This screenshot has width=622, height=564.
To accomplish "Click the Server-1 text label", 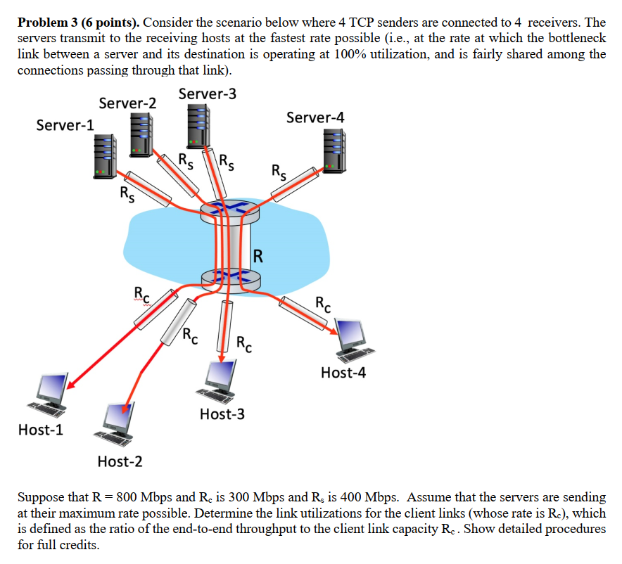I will coord(65,125).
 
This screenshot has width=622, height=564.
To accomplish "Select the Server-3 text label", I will coord(208,94).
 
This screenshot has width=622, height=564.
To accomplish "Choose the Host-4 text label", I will coord(343,372).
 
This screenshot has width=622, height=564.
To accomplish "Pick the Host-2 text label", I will coord(120,461).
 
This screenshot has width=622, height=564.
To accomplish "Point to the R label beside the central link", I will coord(258,255).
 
